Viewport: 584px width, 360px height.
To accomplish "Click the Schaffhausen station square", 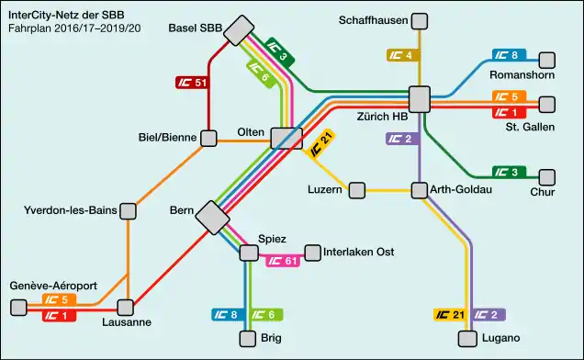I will [420, 21].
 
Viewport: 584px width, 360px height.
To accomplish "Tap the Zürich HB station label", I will [381, 117].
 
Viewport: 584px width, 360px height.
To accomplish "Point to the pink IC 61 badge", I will [283, 261].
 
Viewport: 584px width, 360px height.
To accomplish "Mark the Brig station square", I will [247, 338].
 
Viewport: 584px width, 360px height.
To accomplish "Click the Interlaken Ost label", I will [360, 252].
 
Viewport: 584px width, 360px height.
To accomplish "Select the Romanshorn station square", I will [546, 61].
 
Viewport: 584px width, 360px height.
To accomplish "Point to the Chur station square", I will [547, 176].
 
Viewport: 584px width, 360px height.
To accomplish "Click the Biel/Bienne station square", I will [208, 139].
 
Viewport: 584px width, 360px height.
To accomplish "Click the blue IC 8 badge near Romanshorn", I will [510, 56].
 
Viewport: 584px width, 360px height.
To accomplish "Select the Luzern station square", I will [356, 190].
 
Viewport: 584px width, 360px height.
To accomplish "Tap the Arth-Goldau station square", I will [420, 190].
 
